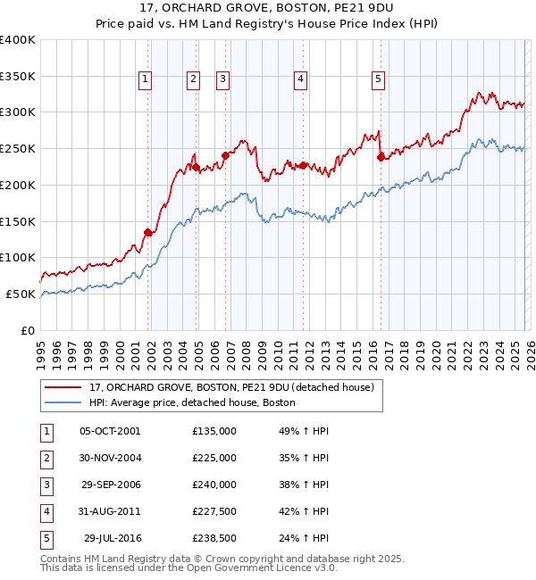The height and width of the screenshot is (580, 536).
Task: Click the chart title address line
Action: pyautogui.click(x=267, y=11)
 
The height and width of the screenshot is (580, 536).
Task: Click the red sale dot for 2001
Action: pyautogui.click(x=147, y=232)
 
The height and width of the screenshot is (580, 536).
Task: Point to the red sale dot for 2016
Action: pyautogui.click(x=381, y=157)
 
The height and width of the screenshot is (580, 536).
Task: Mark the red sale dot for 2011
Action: pyautogui.click(x=304, y=165)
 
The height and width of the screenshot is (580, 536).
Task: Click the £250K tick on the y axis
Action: pyautogui.click(x=18, y=148)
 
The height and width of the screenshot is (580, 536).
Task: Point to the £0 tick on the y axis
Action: pyautogui.click(x=29, y=330)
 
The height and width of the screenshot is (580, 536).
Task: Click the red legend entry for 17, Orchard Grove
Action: pyautogui.click(x=237, y=387)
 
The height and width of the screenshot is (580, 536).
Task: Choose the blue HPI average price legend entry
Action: pyautogui.click(x=192, y=403)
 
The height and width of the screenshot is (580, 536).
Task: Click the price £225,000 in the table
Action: pyautogui.click(x=214, y=458)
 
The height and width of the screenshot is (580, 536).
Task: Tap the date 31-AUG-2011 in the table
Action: pyautogui.click(x=109, y=511)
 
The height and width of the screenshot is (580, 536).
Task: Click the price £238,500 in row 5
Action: pyautogui.click(x=214, y=538)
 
